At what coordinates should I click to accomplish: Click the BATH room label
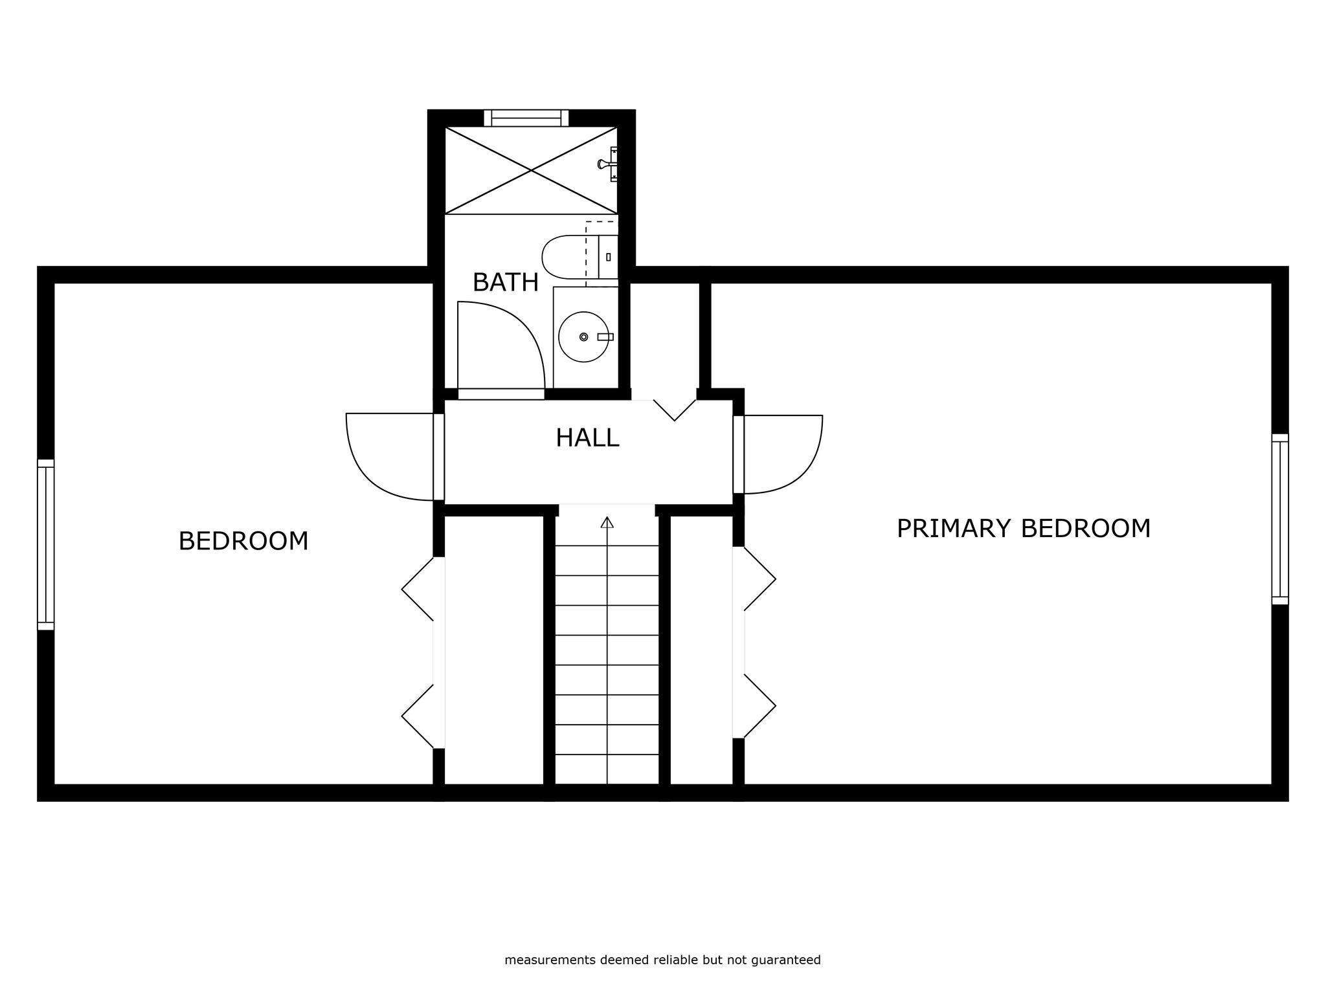coord(506,283)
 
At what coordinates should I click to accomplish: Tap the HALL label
coord(587,438)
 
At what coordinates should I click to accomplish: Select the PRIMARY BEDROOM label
coord(1024,529)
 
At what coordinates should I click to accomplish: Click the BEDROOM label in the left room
coord(243,541)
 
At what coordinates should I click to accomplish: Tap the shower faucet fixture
coord(608,164)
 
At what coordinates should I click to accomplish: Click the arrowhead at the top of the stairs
coord(607,522)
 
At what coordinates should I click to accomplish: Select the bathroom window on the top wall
coord(526,118)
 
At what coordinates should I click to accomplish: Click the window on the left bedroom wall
coord(45,544)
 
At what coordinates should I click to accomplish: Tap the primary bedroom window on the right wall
coord(1280,519)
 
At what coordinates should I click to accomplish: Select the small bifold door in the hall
coord(675,410)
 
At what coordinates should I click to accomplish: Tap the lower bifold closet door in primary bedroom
coord(759,706)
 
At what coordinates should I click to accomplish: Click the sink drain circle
coord(584,337)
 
